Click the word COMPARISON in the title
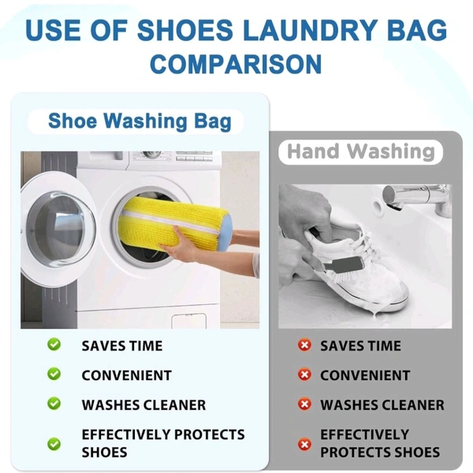(236, 63)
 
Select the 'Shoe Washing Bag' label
(140, 121)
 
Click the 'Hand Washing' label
(360, 151)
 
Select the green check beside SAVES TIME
(54, 345)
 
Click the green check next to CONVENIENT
(54, 374)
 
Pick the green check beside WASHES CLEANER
(54, 404)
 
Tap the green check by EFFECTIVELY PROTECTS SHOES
(54, 443)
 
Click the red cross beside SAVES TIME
(304, 345)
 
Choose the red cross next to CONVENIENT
(304, 374)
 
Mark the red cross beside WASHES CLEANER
(304, 404)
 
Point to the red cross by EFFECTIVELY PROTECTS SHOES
(304, 444)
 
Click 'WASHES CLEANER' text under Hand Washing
(382, 405)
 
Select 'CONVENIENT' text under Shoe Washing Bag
(126, 375)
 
